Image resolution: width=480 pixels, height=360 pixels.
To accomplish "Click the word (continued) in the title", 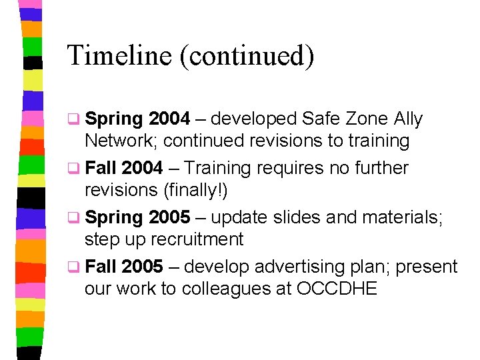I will [x=245, y=55].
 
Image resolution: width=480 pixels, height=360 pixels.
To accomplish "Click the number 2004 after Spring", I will [x=169, y=119].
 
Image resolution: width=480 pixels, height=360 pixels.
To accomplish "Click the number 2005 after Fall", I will [x=142, y=267].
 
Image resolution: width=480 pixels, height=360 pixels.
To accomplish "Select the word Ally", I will [x=408, y=119].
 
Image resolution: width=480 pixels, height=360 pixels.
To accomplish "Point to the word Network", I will [x=121, y=141].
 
